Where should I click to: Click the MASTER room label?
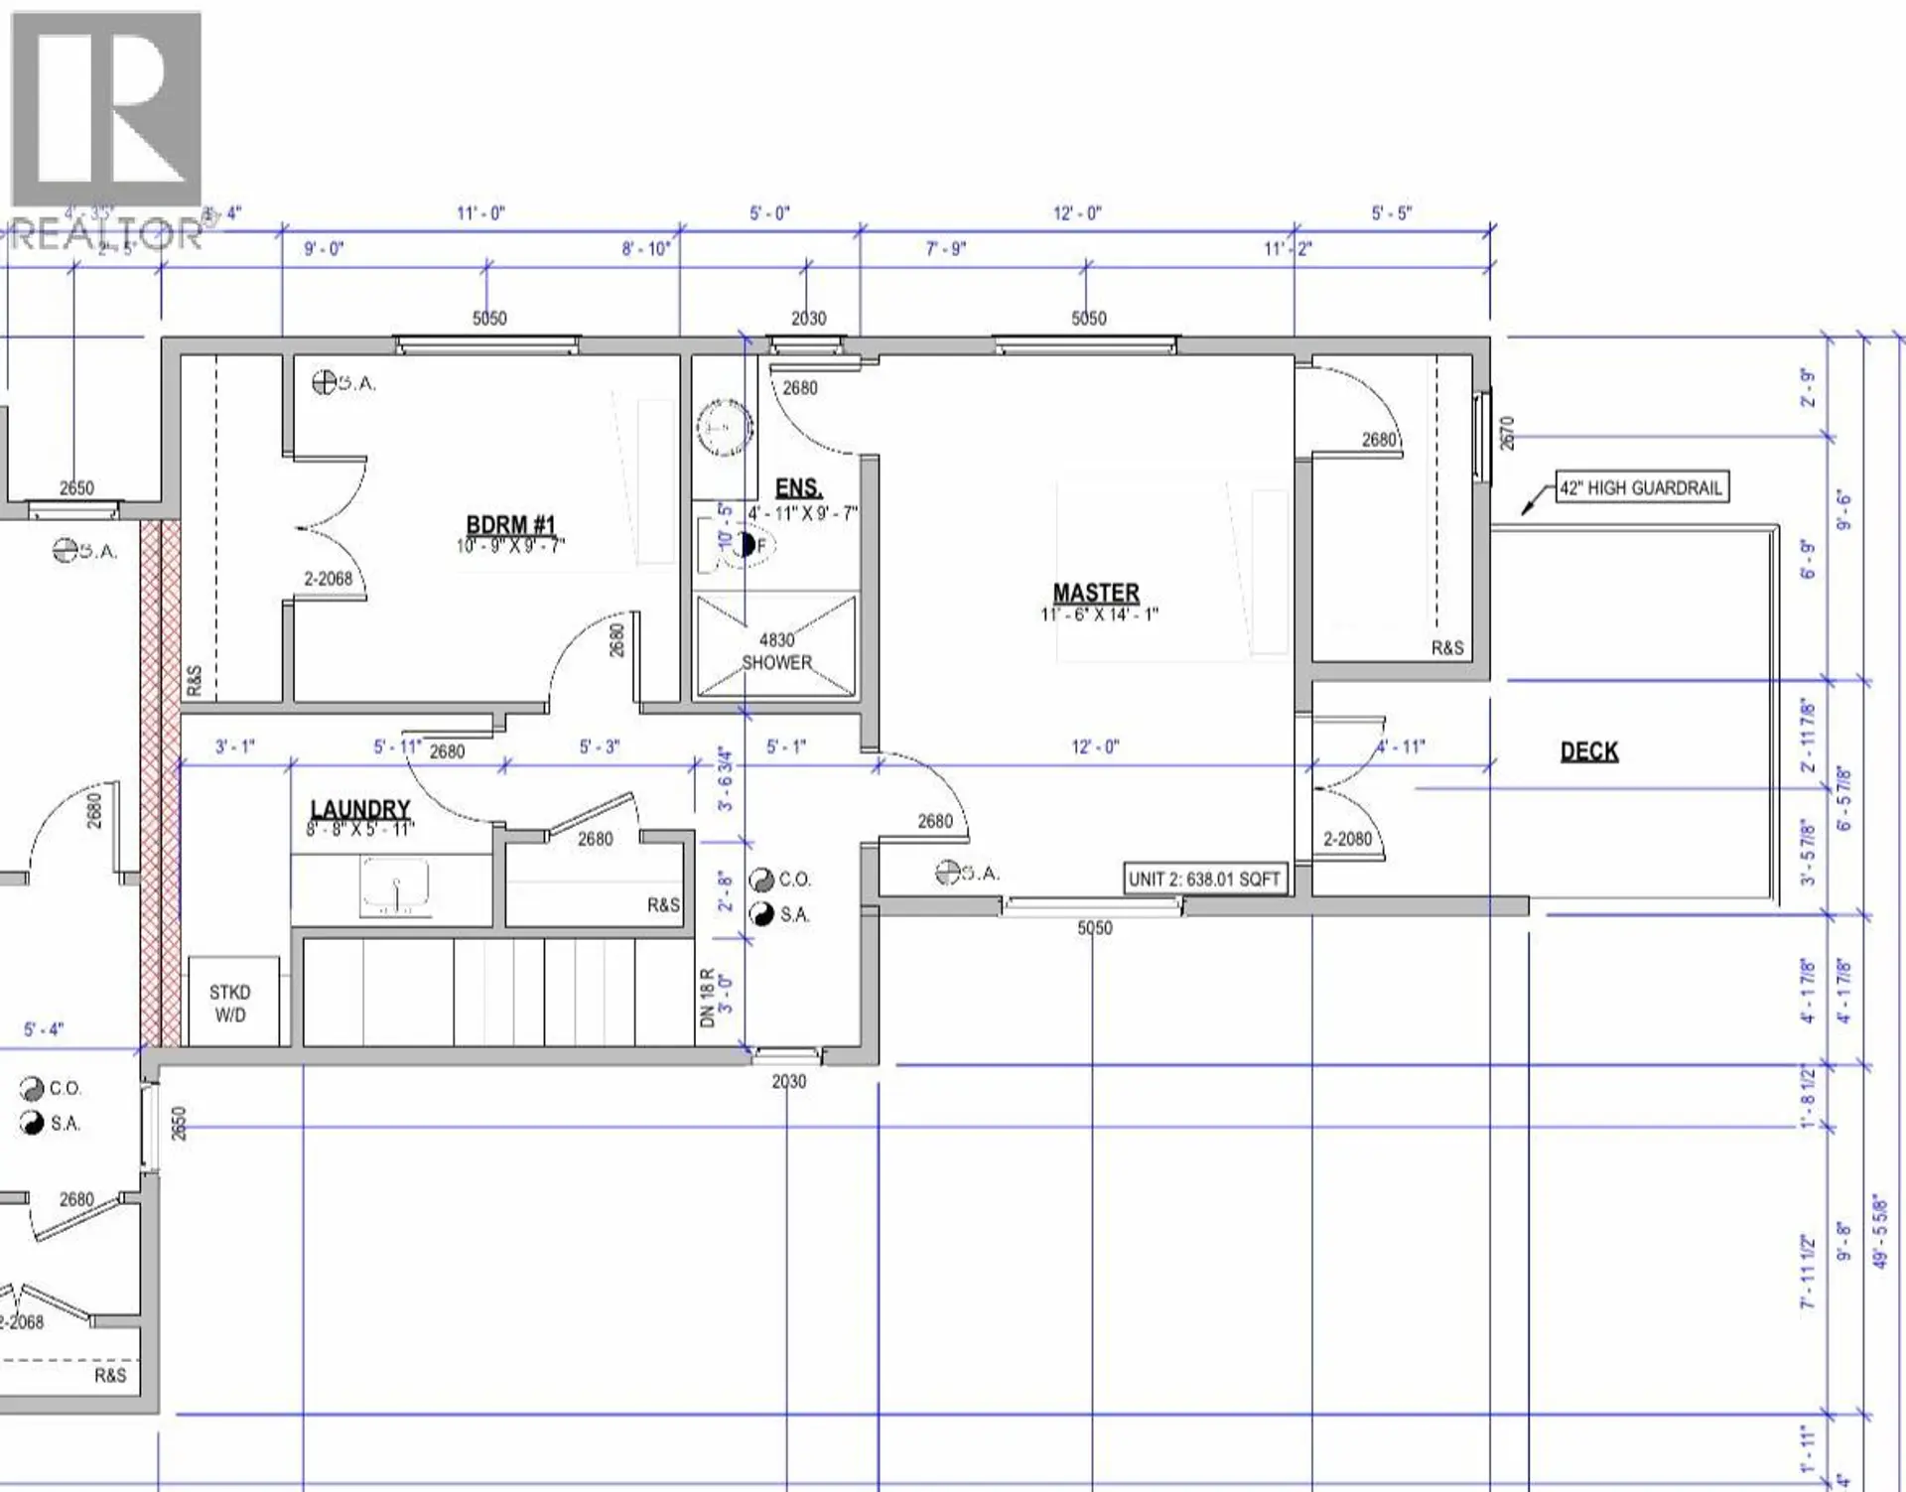(x=1095, y=593)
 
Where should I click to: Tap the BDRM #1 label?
(x=510, y=525)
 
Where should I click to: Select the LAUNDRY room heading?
(x=359, y=810)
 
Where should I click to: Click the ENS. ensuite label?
(x=798, y=487)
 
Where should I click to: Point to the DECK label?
(x=1588, y=751)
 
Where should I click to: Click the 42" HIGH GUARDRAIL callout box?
(x=1641, y=487)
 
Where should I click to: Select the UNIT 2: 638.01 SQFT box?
(x=1204, y=879)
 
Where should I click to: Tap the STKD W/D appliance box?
(x=230, y=1004)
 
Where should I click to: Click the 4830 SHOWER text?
(x=776, y=651)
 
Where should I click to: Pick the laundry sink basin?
(x=395, y=885)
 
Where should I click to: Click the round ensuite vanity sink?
(x=724, y=428)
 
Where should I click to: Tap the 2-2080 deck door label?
(x=1347, y=839)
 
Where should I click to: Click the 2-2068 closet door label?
(x=328, y=578)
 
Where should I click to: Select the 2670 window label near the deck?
(x=1507, y=434)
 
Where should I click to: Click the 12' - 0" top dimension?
(x=1077, y=213)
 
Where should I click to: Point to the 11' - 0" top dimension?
(x=480, y=213)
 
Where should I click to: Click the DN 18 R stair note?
(x=708, y=998)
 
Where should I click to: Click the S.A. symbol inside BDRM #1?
(x=343, y=382)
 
